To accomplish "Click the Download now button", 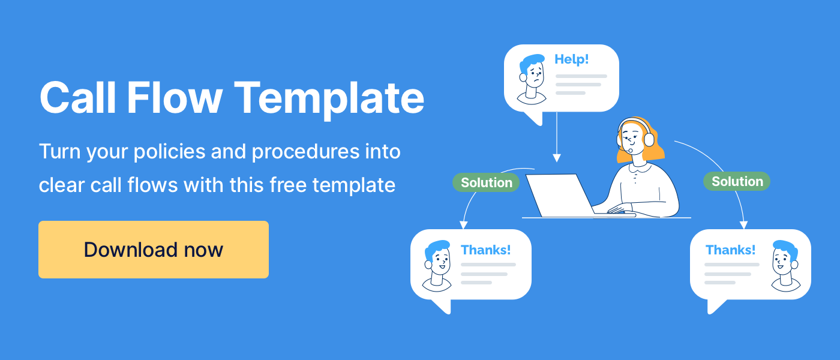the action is pyautogui.click(x=154, y=250).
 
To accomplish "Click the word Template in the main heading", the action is pyautogui.click(x=329, y=99).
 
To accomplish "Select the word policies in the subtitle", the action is pyautogui.click(x=169, y=151).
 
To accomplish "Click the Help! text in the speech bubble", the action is pyautogui.click(x=571, y=59).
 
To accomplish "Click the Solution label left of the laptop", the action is pyautogui.click(x=486, y=182).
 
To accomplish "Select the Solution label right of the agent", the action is pyautogui.click(x=737, y=181).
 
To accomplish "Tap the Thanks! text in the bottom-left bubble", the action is pyautogui.click(x=485, y=250).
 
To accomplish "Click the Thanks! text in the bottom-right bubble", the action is pyautogui.click(x=731, y=250).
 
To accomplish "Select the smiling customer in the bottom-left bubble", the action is pyautogui.click(x=437, y=266).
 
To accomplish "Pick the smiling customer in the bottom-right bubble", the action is pyautogui.click(x=785, y=266).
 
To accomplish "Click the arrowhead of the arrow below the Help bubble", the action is pyautogui.click(x=557, y=158).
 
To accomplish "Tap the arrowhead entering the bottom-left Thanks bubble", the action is pyautogui.click(x=463, y=225).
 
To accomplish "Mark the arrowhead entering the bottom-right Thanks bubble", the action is pyautogui.click(x=743, y=225).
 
